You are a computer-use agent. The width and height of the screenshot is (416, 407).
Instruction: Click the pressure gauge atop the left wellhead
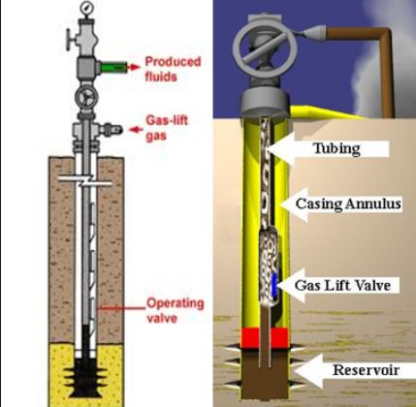point(87,7)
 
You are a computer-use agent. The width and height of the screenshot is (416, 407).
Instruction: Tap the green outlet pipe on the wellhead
point(112,67)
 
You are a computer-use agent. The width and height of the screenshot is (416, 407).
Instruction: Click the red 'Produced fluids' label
point(173,69)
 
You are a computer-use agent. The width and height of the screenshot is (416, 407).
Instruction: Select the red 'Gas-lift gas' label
point(167,128)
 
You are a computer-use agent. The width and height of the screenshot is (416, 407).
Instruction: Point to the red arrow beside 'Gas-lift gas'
point(136,130)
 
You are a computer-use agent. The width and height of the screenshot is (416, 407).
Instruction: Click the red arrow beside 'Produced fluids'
point(134,67)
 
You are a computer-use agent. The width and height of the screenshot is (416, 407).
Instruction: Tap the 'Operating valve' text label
point(176,311)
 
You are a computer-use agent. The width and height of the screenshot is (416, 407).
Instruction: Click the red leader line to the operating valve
point(121,308)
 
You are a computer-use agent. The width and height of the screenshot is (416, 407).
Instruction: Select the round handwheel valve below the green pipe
point(87,97)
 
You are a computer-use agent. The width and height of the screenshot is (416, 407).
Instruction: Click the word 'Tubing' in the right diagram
point(336,148)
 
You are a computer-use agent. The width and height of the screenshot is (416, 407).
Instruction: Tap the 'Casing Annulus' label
point(348,203)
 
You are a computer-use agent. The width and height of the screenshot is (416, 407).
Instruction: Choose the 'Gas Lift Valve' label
point(342,285)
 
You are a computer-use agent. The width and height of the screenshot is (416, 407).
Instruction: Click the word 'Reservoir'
point(366,370)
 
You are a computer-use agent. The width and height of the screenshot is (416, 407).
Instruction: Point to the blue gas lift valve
point(274,285)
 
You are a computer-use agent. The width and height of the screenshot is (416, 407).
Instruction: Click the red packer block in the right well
point(264,338)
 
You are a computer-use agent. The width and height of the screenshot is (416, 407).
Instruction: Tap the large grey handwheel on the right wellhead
point(265,48)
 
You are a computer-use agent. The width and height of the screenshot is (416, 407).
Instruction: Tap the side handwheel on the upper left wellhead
point(69,40)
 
